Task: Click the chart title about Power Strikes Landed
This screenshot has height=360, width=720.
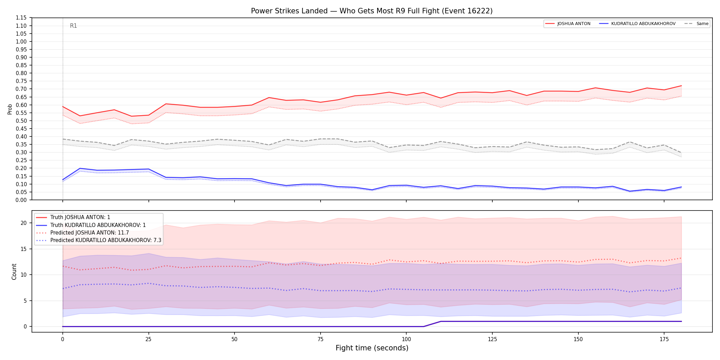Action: (x=372, y=11)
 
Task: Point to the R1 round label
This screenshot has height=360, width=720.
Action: (x=73, y=26)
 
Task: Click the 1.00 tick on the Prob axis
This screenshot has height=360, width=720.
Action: (x=21, y=41)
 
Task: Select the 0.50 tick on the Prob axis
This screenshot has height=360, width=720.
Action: (x=21, y=121)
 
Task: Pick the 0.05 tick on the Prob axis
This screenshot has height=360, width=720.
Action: (x=21, y=192)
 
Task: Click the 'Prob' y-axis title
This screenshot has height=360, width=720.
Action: (x=10, y=109)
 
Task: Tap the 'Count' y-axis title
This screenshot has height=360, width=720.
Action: (x=14, y=272)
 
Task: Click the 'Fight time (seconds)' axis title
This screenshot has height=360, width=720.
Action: (x=372, y=348)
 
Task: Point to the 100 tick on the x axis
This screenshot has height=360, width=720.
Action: (x=406, y=339)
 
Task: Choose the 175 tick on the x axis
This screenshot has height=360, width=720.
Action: (x=664, y=339)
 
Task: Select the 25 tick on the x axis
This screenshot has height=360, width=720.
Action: (x=148, y=339)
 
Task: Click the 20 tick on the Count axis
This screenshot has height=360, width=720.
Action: (x=24, y=223)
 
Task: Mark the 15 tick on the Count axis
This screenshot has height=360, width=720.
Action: (x=24, y=249)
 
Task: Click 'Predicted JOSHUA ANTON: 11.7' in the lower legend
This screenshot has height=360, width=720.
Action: (x=89, y=233)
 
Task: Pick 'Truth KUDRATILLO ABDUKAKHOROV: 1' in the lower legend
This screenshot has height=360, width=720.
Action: (x=98, y=225)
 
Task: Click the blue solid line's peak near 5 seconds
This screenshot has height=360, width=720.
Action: (x=80, y=168)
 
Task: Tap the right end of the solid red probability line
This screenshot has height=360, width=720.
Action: (x=681, y=86)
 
